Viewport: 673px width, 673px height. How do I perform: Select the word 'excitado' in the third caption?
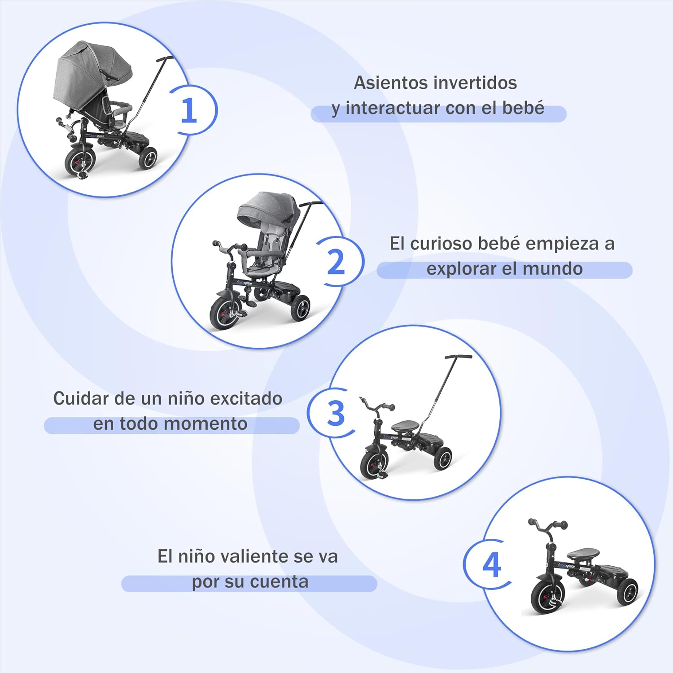(x=246, y=398)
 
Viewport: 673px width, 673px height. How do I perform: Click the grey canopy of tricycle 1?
(x=92, y=76)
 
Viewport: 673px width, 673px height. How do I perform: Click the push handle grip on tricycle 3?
(x=458, y=357)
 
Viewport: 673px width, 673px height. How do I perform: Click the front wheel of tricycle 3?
(x=375, y=462)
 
